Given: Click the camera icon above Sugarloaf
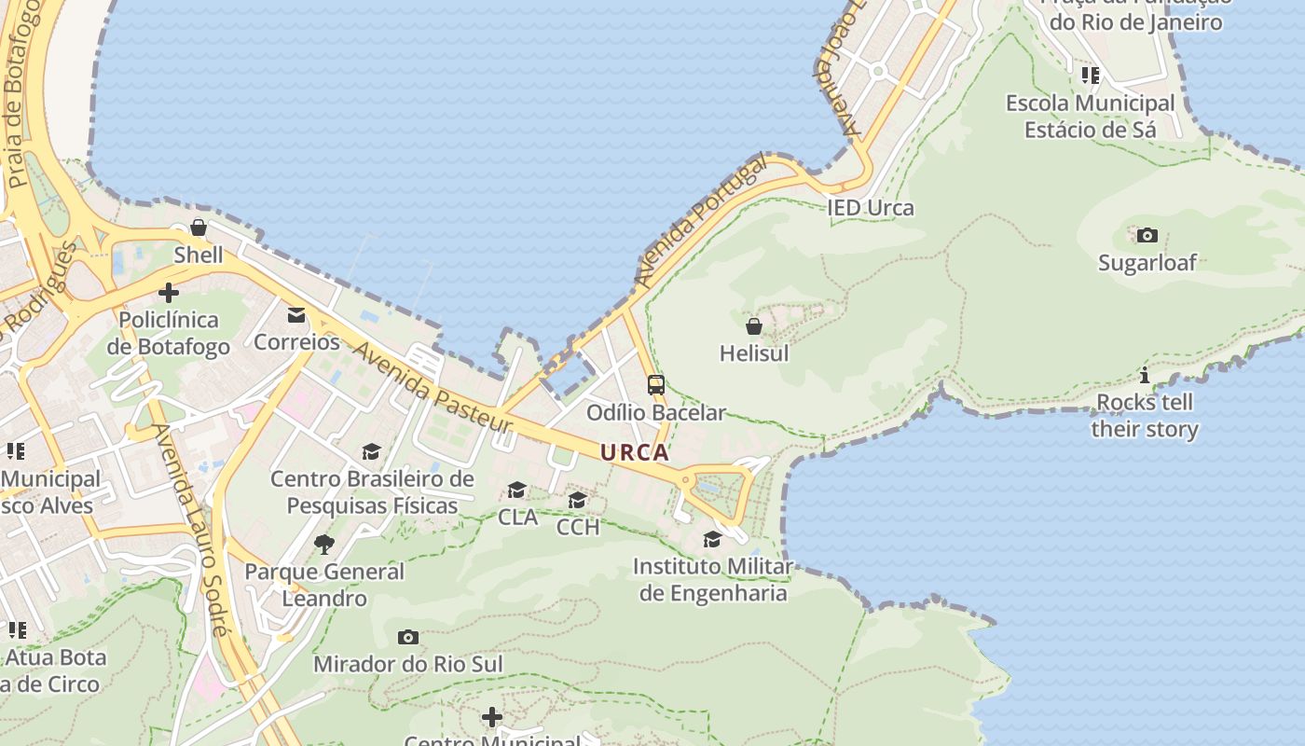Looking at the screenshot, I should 1147,235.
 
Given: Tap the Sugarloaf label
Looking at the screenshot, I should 1147,262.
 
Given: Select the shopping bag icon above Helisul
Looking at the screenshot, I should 754,326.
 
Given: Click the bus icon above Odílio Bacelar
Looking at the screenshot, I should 656,384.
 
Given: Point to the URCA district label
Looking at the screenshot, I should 635,453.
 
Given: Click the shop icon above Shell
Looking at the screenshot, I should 199,228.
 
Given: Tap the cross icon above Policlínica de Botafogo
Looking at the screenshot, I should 169,293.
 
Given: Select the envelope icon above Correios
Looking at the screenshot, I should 296,315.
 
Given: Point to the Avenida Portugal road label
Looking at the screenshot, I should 700,221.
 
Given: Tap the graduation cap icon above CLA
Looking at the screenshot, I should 516,490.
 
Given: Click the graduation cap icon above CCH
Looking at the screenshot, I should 578,501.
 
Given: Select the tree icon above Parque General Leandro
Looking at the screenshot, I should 323,544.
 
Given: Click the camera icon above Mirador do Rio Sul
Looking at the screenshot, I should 407,638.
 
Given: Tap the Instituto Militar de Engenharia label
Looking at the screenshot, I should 713,579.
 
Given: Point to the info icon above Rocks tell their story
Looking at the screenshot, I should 1145,376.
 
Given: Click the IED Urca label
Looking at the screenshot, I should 871,208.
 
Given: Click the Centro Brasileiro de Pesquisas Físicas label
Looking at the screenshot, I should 372,492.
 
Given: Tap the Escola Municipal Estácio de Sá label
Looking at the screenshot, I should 1090,117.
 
